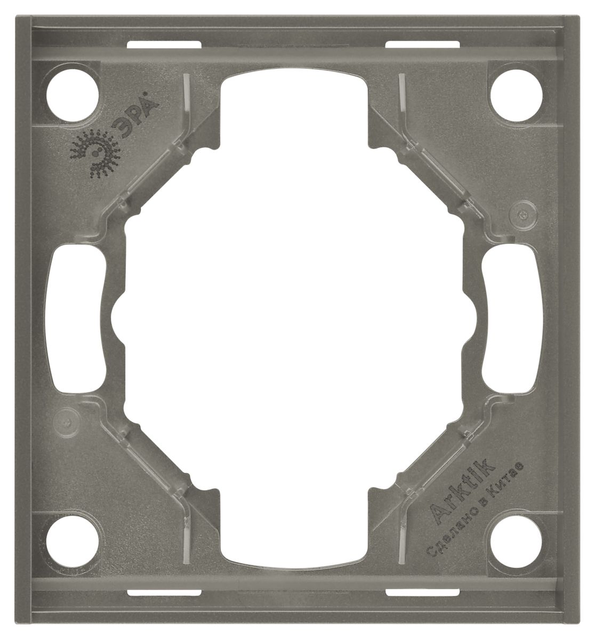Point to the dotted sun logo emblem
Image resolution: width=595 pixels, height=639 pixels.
95,152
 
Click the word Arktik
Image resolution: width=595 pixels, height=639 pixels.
462,487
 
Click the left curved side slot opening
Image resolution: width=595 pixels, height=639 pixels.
76,319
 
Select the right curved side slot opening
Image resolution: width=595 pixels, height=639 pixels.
512,319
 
